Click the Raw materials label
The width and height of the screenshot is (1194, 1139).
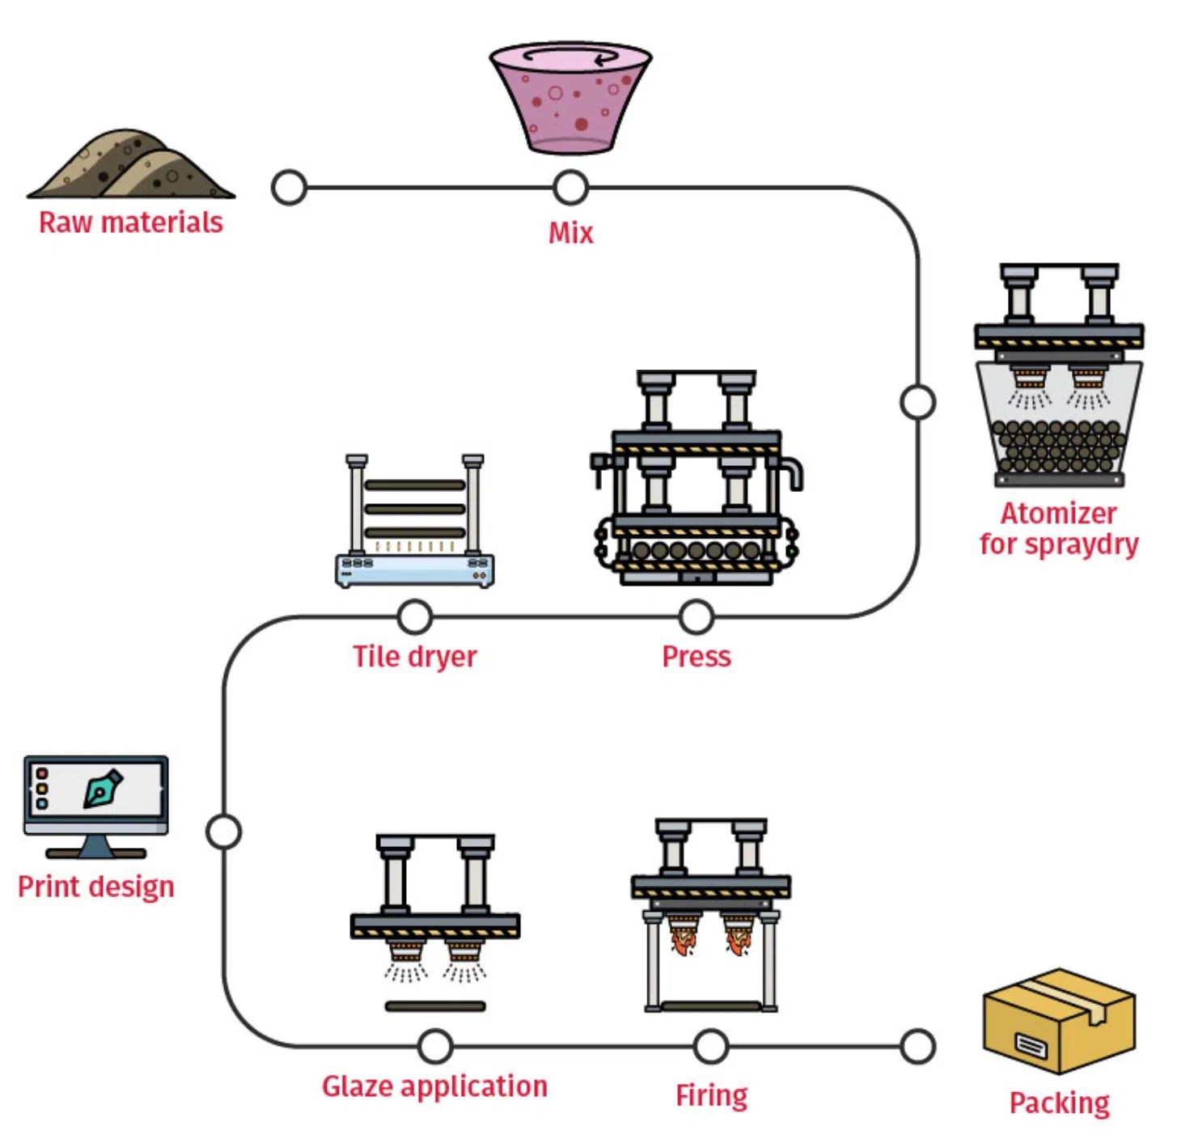130,222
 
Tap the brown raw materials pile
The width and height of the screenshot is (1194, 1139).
130,166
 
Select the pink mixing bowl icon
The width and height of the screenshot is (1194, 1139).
570,97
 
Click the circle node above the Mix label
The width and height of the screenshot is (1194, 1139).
570,188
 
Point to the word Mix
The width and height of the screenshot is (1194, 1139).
570,233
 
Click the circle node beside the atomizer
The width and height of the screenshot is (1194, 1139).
918,402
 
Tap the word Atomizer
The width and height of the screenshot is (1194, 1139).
1058,514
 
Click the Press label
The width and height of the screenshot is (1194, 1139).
696,656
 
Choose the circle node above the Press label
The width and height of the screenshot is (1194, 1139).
696,617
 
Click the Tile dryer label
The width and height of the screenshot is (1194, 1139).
414,656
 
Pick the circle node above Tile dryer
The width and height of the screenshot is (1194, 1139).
415,617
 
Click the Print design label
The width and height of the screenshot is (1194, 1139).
95,887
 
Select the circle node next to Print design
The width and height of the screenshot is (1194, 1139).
224,832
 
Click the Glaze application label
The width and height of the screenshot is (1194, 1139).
434,1086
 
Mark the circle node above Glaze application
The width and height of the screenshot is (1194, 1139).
435,1047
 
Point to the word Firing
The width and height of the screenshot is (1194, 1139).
711,1095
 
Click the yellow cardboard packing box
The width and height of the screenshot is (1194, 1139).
1059,1021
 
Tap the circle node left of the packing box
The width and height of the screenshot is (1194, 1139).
918,1047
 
